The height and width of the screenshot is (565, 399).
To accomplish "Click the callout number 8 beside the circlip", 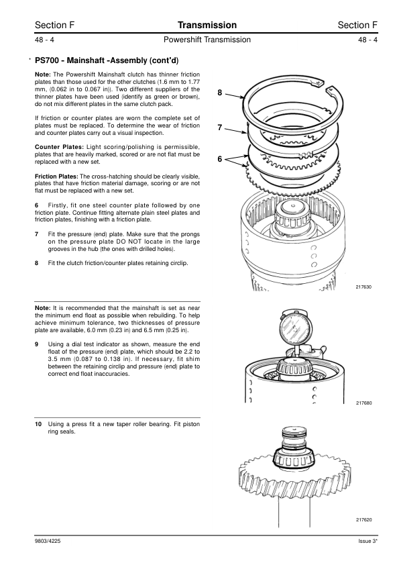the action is (220, 93).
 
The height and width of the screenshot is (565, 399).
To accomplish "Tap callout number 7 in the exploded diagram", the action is (220, 127).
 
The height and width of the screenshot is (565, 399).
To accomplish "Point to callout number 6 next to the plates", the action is (220, 159).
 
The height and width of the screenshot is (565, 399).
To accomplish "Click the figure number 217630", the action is (363, 287).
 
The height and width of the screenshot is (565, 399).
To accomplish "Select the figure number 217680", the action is (363, 403).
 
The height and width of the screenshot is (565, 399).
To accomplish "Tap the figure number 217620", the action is (363, 520).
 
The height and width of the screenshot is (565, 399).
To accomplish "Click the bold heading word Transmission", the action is (207, 25).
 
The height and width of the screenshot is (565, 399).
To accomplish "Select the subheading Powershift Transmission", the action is (207, 40).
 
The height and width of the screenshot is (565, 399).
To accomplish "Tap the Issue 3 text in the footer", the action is (367, 542).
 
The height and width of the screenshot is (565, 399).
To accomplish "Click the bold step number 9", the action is (36, 344).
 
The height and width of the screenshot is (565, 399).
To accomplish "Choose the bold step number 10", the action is (38, 424).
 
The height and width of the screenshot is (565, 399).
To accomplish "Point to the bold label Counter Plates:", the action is (60, 147).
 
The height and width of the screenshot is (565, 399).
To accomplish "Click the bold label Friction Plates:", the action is (56, 176).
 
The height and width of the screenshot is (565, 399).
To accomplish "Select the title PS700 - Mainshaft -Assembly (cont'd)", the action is (107, 60).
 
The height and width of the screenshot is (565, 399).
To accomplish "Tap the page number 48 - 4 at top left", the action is (44, 40).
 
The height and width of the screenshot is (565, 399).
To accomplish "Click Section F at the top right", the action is (357, 25).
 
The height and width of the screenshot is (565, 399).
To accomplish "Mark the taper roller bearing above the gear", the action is (295, 458).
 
